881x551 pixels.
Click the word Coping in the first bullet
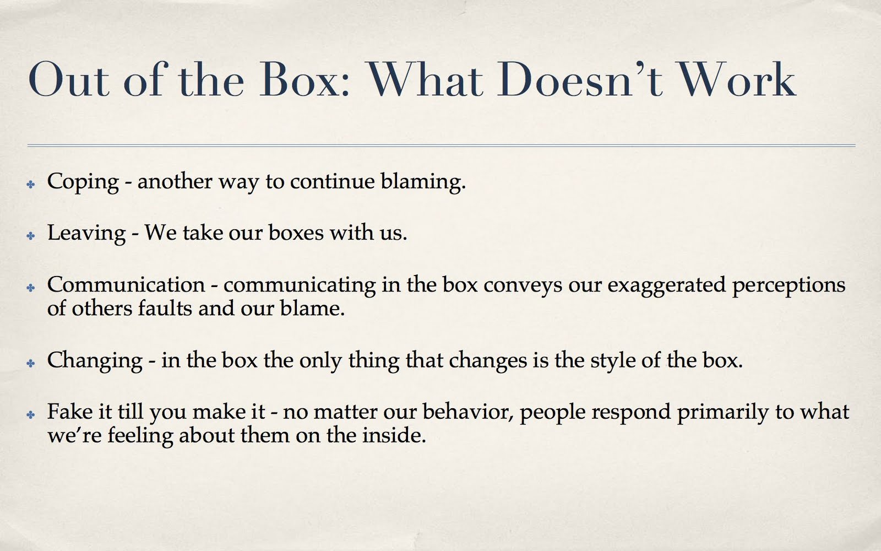click(x=83, y=182)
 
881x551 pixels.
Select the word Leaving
click(x=86, y=233)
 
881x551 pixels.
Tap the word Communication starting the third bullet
click(x=126, y=285)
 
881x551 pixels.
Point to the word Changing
click(x=95, y=361)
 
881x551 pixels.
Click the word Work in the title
click(x=737, y=80)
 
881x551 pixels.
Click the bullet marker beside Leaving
click(x=31, y=235)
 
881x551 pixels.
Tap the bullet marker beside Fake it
click(x=31, y=414)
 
